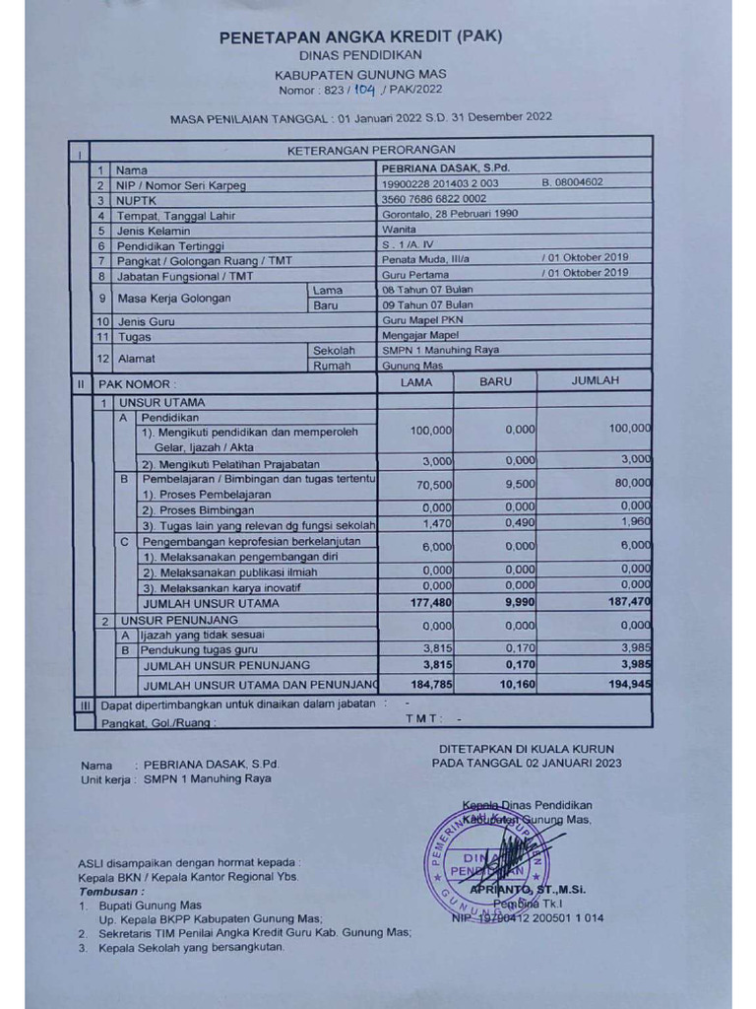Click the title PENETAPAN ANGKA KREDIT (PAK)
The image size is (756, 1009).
click(x=360, y=36)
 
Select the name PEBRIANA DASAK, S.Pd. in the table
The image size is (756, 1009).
click(x=438, y=168)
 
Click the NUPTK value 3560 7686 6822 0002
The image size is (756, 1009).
click(x=434, y=198)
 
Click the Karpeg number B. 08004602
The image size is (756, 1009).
click(x=572, y=182)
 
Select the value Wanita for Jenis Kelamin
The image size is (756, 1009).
click(x=399, y=229)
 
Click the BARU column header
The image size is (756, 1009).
click(x=495, y=381)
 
